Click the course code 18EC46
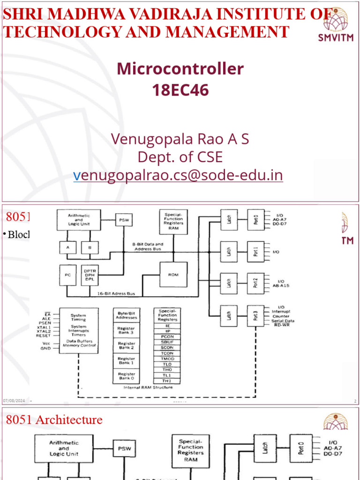click(180, 90)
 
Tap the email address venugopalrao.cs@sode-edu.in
click(178, 175)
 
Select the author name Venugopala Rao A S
click(180, 139)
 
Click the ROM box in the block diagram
click(173, 274)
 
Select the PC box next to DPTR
click(67, 275)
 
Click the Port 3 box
click(256, 316)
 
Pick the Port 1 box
click(256, 252)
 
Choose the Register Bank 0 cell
click(126, 376)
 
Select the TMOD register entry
click(167, 358)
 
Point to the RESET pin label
click(43, 336)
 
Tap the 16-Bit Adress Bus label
click(116, 293)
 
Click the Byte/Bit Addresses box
click(126, 315)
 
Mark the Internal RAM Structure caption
click(148, 387)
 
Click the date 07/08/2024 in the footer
click(14, 401)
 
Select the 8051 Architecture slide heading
click(54, 420)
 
